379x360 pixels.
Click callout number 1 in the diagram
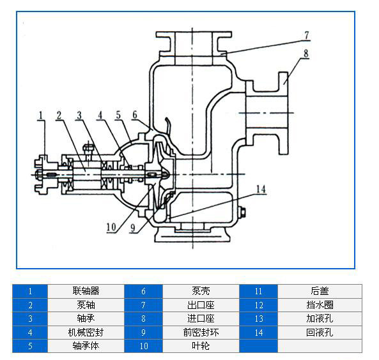pos(41,116)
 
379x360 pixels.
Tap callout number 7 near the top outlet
pos(307,34)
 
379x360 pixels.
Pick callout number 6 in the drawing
pos(135,116)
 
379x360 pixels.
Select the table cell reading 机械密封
pos(86,332)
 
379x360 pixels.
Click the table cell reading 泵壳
pos(201,290)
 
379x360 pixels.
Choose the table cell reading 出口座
pos(201,304)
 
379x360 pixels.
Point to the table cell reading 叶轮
pos(201,346)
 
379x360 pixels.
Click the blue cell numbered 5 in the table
pos(30,346)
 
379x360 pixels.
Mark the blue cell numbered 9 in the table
pos(144,332)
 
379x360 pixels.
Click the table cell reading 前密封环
pos(201,332)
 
